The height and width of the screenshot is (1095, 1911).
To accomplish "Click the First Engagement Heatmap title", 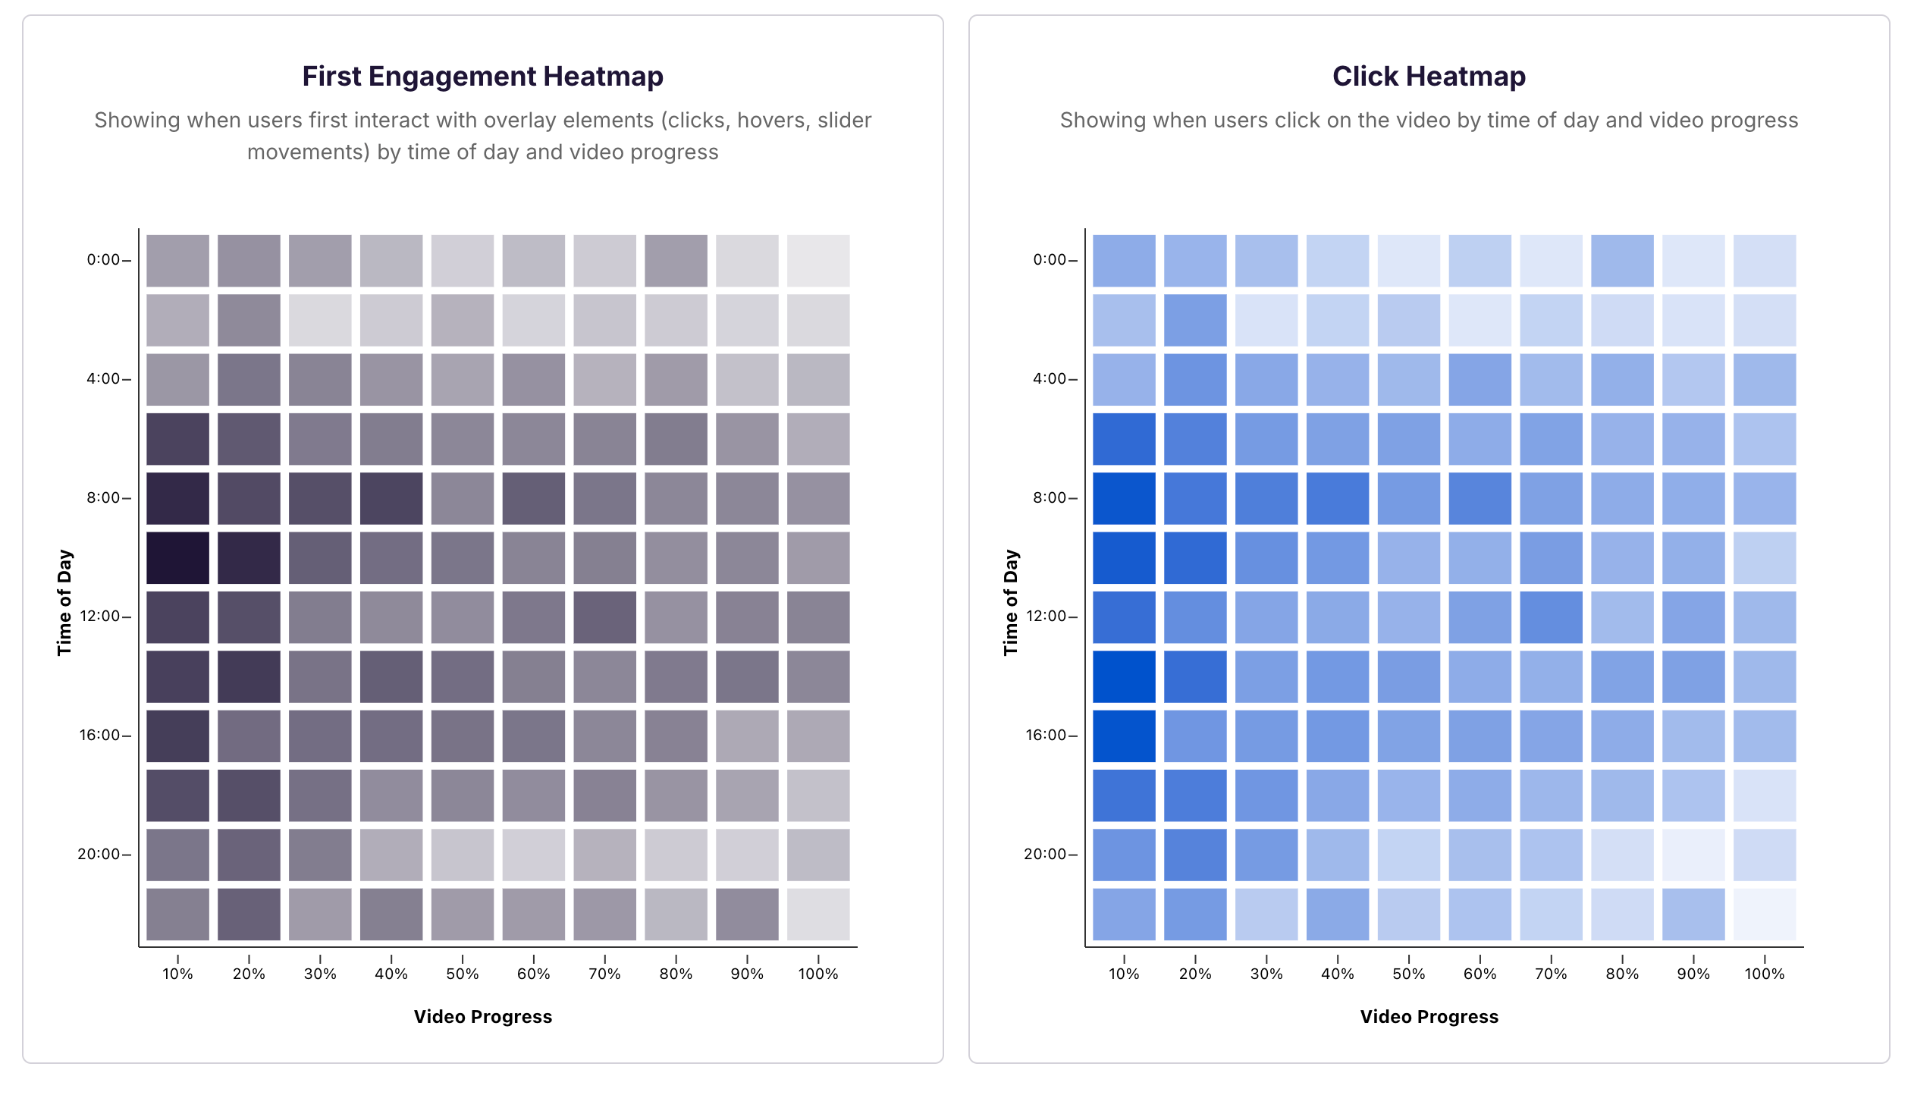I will pyautogui.click(x=482, y=77).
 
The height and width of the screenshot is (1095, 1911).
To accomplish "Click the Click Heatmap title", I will pyautogui.click(x=1429, y=77).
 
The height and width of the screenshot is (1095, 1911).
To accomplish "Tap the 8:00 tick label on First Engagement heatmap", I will pyautogui.click(x=103, y=498).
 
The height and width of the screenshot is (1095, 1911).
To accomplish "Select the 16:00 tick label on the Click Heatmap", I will pyautogui.click(x=1046, y=736).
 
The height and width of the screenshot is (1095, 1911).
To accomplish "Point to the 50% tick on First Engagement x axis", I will pyautogui.click(x=463, y=974).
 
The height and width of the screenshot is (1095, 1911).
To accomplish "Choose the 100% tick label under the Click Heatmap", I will pyautogui.click(x=1764, y=974).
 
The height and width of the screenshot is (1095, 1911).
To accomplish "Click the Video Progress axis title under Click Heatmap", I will pyautogui.click(x=1429, y=1017).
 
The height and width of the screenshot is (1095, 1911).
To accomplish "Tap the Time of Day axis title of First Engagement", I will pyautogui.click(x=65, y=602).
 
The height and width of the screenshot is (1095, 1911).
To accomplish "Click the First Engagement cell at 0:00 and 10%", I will pyautogui.click(x=177, y=261).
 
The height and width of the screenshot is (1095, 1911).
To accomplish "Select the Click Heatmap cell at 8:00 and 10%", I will pyautogui.click(x=1124, y=498).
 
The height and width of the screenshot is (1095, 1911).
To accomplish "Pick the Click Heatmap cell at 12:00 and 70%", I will pyautogui.click(x=1551, y=617).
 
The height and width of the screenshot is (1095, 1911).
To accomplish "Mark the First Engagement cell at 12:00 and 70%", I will pyautogui.click(x=604, y=617).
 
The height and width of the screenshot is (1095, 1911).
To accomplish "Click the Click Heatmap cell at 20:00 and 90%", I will pyautogui.click(x=1693, y=855).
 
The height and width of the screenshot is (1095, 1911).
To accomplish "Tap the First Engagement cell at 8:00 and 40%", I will pyautogui.click(x=391, y=498).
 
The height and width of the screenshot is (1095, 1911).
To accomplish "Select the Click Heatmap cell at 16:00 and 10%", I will pyautogui.click(x=1124, y=736).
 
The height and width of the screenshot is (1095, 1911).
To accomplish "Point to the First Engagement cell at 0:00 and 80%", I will pyautogui.click(x=676, y=261).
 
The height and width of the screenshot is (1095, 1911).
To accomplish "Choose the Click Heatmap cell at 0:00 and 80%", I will pyautogui.click(x=1622, y=261).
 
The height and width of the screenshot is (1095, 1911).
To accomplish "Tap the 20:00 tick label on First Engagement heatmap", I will pyautogui.click(x=99, y=855).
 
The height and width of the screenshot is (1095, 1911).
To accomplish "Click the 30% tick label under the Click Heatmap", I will pyautogui.click(x=1266, y=974).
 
